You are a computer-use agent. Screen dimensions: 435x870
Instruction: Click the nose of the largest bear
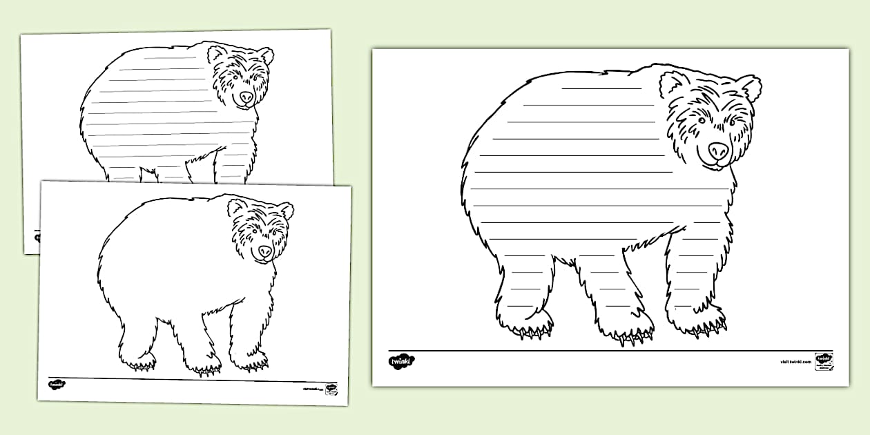coord(718,150)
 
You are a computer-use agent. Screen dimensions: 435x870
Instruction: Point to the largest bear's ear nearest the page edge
coord(750,88)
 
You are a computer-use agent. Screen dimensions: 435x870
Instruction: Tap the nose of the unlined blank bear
coord(265,251)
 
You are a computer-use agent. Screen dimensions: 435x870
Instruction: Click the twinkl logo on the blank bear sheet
coord(56,385)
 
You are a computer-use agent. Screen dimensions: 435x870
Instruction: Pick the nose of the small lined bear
coord(246,97)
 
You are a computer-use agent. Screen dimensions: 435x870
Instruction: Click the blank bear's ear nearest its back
coord(237,206)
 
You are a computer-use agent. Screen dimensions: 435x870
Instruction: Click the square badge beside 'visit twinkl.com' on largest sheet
coord(824,361)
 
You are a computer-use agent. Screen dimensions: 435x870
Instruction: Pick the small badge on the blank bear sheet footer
coord(331,389)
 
